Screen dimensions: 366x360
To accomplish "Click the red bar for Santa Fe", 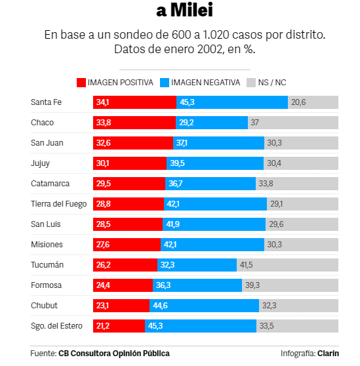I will click(134, 102).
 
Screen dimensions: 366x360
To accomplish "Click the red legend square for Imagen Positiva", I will click(81, 83).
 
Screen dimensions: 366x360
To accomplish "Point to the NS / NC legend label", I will click(273, 83).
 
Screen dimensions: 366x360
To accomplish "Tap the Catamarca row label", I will click(50, 184).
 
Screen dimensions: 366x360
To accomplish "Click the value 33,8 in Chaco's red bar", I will click(103, 123).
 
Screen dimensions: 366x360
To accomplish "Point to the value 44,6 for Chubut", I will click(161, 306).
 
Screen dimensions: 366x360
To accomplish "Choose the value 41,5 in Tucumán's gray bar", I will click(247, 265).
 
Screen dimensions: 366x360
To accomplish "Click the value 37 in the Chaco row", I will click(255, 123).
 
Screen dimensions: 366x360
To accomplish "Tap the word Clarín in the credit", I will click(329, 354).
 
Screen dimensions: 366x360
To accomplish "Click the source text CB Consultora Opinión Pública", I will click(113, 354).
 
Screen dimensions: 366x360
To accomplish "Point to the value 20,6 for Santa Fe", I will click(299, 102).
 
